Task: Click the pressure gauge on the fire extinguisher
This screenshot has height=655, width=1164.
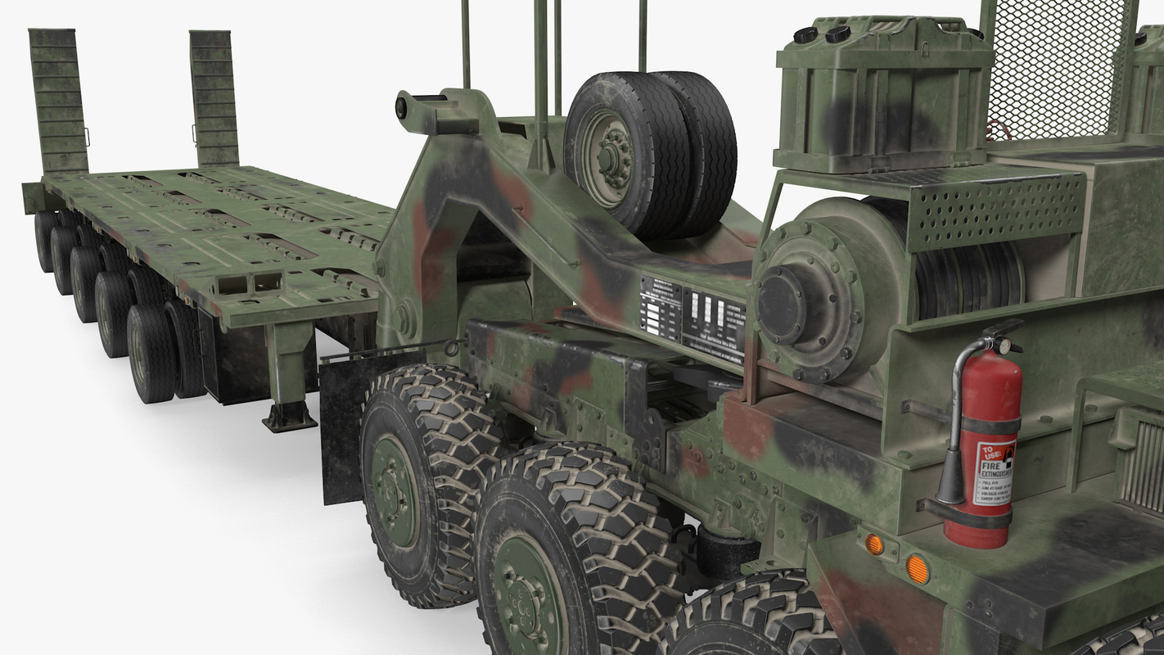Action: point(1004,346)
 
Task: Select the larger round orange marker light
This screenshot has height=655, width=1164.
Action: point(918,569)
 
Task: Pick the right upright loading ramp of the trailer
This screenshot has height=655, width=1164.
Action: point(214,98)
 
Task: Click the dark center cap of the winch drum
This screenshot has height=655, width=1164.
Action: point(782,305)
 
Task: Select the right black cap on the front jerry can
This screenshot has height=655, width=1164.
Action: point(837,34)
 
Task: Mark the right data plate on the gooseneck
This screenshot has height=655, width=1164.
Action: point(714,321)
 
